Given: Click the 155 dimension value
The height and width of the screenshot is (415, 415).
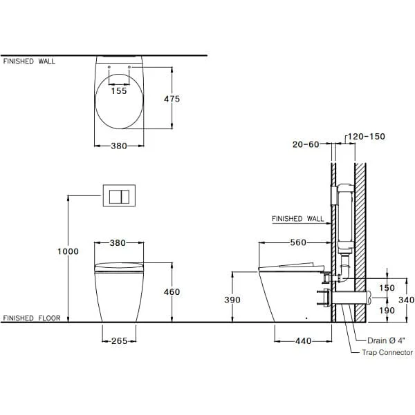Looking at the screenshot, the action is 119,90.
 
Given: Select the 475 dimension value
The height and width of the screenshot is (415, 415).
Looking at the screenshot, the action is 172,99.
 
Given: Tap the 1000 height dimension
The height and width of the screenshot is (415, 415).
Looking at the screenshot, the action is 68,251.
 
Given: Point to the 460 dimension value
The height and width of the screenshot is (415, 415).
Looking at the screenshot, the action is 172,291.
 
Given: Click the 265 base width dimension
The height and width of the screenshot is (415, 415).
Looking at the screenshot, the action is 120,340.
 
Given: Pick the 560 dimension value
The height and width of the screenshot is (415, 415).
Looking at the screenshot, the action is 298,242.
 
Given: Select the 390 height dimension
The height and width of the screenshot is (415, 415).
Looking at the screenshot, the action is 232,300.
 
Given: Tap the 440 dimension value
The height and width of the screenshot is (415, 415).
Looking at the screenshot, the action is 304,340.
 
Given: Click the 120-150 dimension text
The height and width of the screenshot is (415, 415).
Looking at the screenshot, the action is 366,136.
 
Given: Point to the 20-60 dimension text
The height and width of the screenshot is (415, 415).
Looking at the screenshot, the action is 306,144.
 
